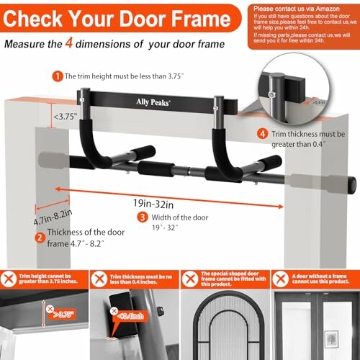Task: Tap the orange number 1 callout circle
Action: pyautogui.click(x=57, y=75)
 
